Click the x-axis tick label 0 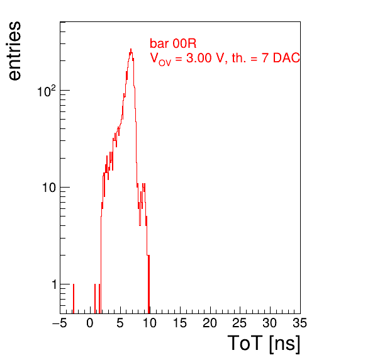click(x=90, y=323)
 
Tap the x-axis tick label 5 click(x=120, y=323)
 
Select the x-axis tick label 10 click(x=150, y=323)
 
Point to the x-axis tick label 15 click(x=180, y=323)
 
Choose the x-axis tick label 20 click(x=210, y=323)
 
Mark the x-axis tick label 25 click(x=240, y=323)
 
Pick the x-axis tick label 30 click(x=270, y=323)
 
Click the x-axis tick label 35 click(x=300, y=323)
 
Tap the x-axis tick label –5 click(x=60, y=323)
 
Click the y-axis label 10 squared click(x=47, y=91)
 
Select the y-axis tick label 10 click(x=49, y=188)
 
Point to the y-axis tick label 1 click(x=54, y=284)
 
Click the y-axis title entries click(x=15, y=51)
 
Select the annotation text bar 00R click(x=173, y=43)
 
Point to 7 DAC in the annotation click(x=281, y=58)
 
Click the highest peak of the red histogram click(x=131, y=49)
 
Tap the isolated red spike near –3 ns click(x=74, y=298)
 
